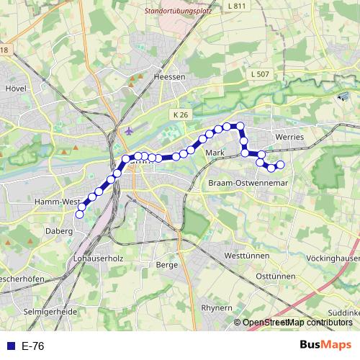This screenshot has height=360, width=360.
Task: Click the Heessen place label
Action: point(170,76)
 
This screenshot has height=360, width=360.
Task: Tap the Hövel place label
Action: point(16,89)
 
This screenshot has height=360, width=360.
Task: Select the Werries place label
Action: point(290,136)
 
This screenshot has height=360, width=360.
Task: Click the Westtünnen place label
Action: point(246,256)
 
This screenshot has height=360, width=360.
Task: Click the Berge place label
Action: point(166,264)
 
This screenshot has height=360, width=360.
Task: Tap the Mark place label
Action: point(215,153)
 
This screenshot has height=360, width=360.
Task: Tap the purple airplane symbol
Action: point(129,131)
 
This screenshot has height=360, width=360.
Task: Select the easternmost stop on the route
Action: point(281,165)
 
